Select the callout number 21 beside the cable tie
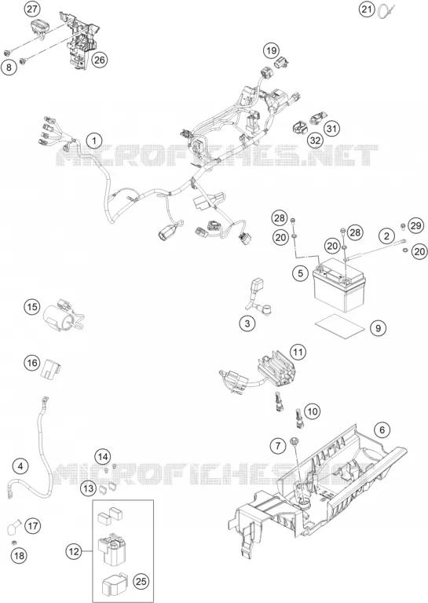point(368,9)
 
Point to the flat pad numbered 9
point(339,326)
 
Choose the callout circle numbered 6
point(382,429)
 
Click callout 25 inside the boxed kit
point(141,582)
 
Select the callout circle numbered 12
point(74,552)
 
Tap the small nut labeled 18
point(14,543)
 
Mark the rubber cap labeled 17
point(14,527)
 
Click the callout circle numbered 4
point(20,466)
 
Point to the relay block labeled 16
point(51,368)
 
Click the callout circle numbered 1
point(93,141)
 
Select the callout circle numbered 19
point(271,50)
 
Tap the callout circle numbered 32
point(315,141)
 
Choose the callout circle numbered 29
point(415,226)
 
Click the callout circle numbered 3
point(247,323)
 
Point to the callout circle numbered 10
point(313,412)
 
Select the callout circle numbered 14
point(103,457)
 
